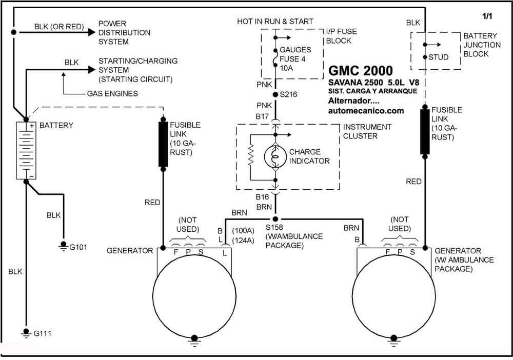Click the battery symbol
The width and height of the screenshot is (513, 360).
pyautogui.click(x=26, y=151)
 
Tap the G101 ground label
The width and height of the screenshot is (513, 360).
pyautogui.click(x=78, y=247)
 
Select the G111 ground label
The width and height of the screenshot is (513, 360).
pyautogui.click(x=43, y=333)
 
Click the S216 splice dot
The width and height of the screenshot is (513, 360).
pyautogui.click(x=275, y=94)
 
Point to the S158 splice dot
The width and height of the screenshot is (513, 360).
pyautogui.click(x=275, y=219)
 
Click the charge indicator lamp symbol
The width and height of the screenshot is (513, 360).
pyautogui.click(x=275, y=157)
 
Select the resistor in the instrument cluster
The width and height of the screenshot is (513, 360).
pyautogui.click(x=251, y=155)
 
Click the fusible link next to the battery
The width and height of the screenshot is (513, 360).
pyautogui.click(x=163, y=144)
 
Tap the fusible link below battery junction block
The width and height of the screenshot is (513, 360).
pyautogui.click(x=425, y=131)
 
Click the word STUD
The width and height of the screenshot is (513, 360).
pyautogui.click(x=439, y=57)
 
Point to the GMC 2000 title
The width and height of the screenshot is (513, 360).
pyautogui.click(x=361, y=71)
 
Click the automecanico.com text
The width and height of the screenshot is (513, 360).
pyautogui.click(x=366, y=111)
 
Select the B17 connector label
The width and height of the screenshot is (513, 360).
pyautogui.click(x=262, y=116)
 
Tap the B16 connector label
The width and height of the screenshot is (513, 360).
pyautogui.click(x=262, y=197)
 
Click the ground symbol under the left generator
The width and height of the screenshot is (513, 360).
pyautogui.click(x=194, y=341)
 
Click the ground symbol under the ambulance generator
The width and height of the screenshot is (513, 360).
pyautogui.click(x=394, y=341)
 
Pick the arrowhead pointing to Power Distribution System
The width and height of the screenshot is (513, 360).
pyautogui.click(x=91, y=32)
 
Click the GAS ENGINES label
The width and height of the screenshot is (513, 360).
pyautogui.click(x=112, y=93)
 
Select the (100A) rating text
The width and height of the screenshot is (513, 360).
pyautogui.click(x=243, y=231)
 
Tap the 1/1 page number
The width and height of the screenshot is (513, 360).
pyautogui.click(x=487, y=16)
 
